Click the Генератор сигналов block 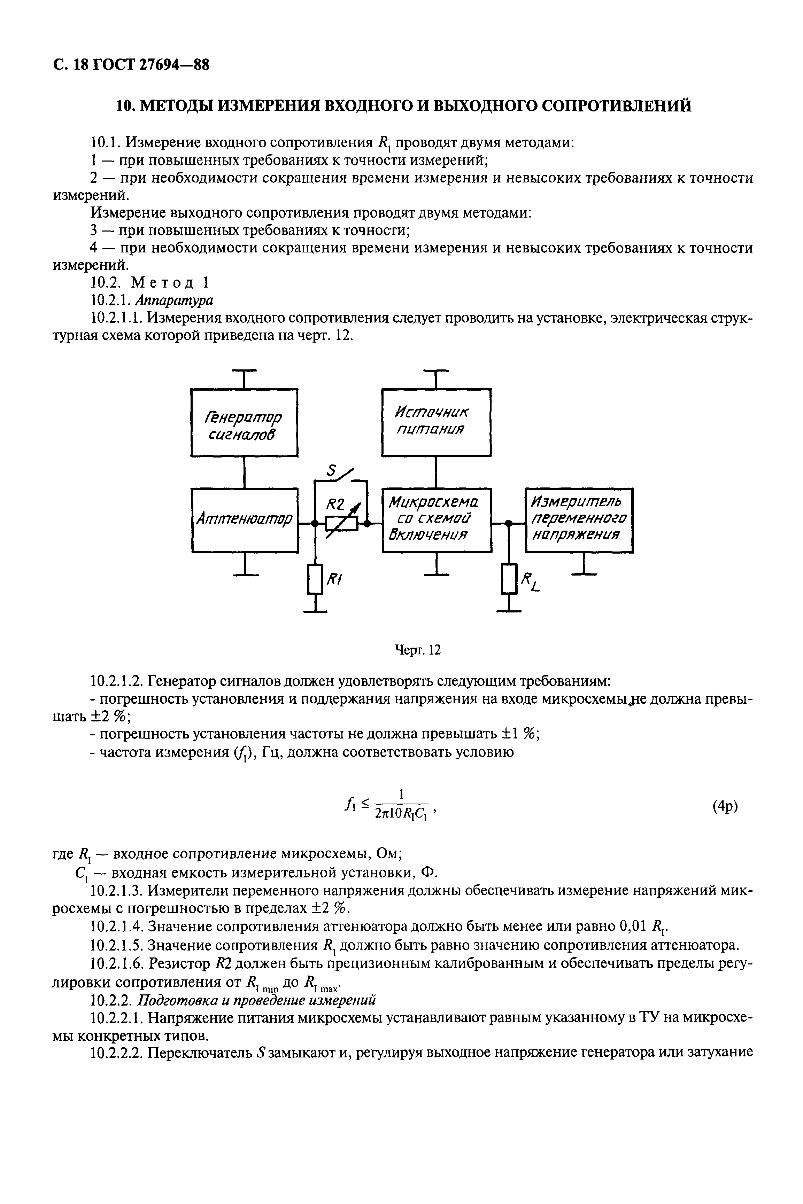[244, 422]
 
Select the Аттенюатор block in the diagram [244, 520]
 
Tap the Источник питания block [436, 422]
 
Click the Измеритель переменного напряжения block [579, 520]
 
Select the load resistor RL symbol [509, 579]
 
